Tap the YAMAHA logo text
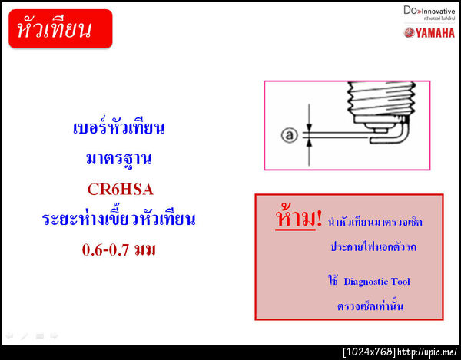point(429,32)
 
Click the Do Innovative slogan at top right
point(428,12)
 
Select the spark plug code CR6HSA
point(119,189)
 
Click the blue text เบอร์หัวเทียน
point(119,127)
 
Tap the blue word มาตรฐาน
point(119,159)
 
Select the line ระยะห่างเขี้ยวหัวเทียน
point(119,220)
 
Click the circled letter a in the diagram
point(290,135)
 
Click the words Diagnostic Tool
point(376,282)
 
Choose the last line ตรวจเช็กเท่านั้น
point(370,307)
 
